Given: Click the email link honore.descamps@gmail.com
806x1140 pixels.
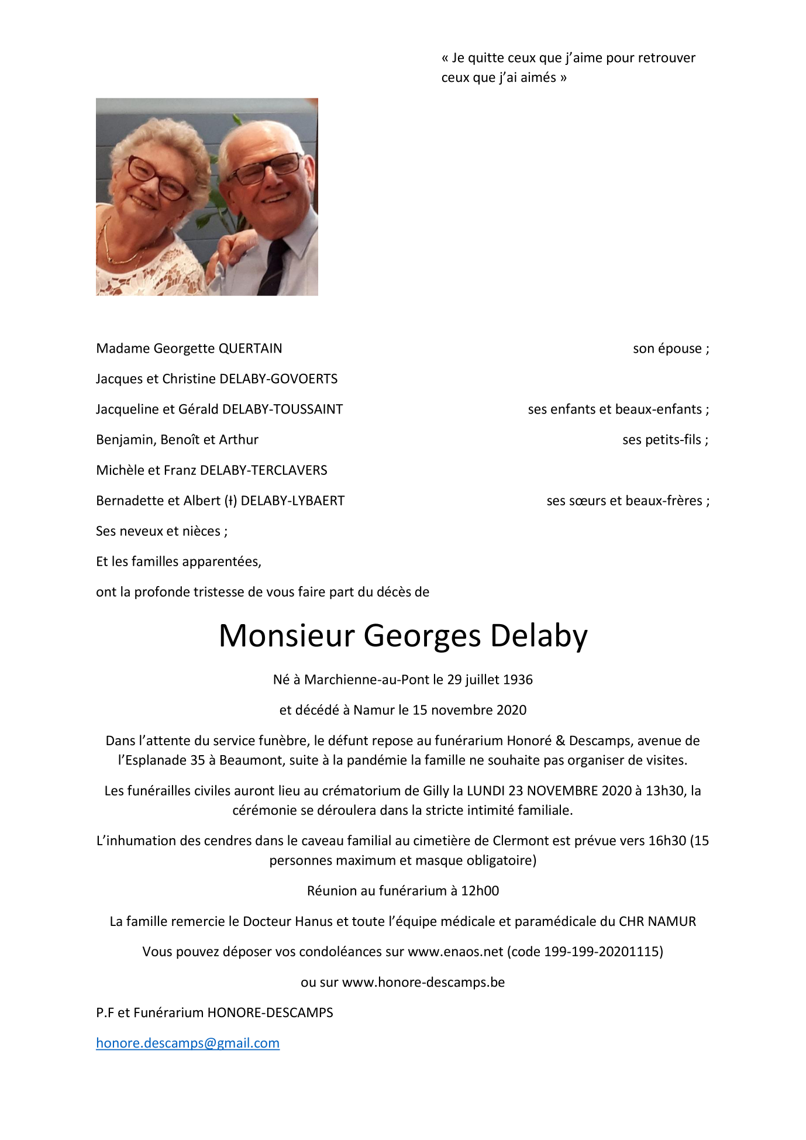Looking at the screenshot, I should click(x=187, y=1043).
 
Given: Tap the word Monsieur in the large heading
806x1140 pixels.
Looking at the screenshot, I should click(x=287, y=636).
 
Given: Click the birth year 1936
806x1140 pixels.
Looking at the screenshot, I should click(x=518, y=680).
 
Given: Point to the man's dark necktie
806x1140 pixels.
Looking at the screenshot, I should click(x=274, y=266).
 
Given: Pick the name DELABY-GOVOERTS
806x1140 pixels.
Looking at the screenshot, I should click(x=278, y=379).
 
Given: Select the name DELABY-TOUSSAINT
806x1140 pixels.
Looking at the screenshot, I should click(x=283, y=409).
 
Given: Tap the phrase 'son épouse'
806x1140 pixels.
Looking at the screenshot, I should click(x=667, y=349).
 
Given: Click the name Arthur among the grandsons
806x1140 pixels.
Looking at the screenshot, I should click(x=239, y=440).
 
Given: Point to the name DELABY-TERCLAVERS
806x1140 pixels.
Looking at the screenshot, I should click(x=264, y=470).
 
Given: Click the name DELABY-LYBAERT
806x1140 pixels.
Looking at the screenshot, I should click(x=292, y=501).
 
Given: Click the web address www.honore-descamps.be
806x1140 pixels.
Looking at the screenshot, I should click(x=423, y=982).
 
